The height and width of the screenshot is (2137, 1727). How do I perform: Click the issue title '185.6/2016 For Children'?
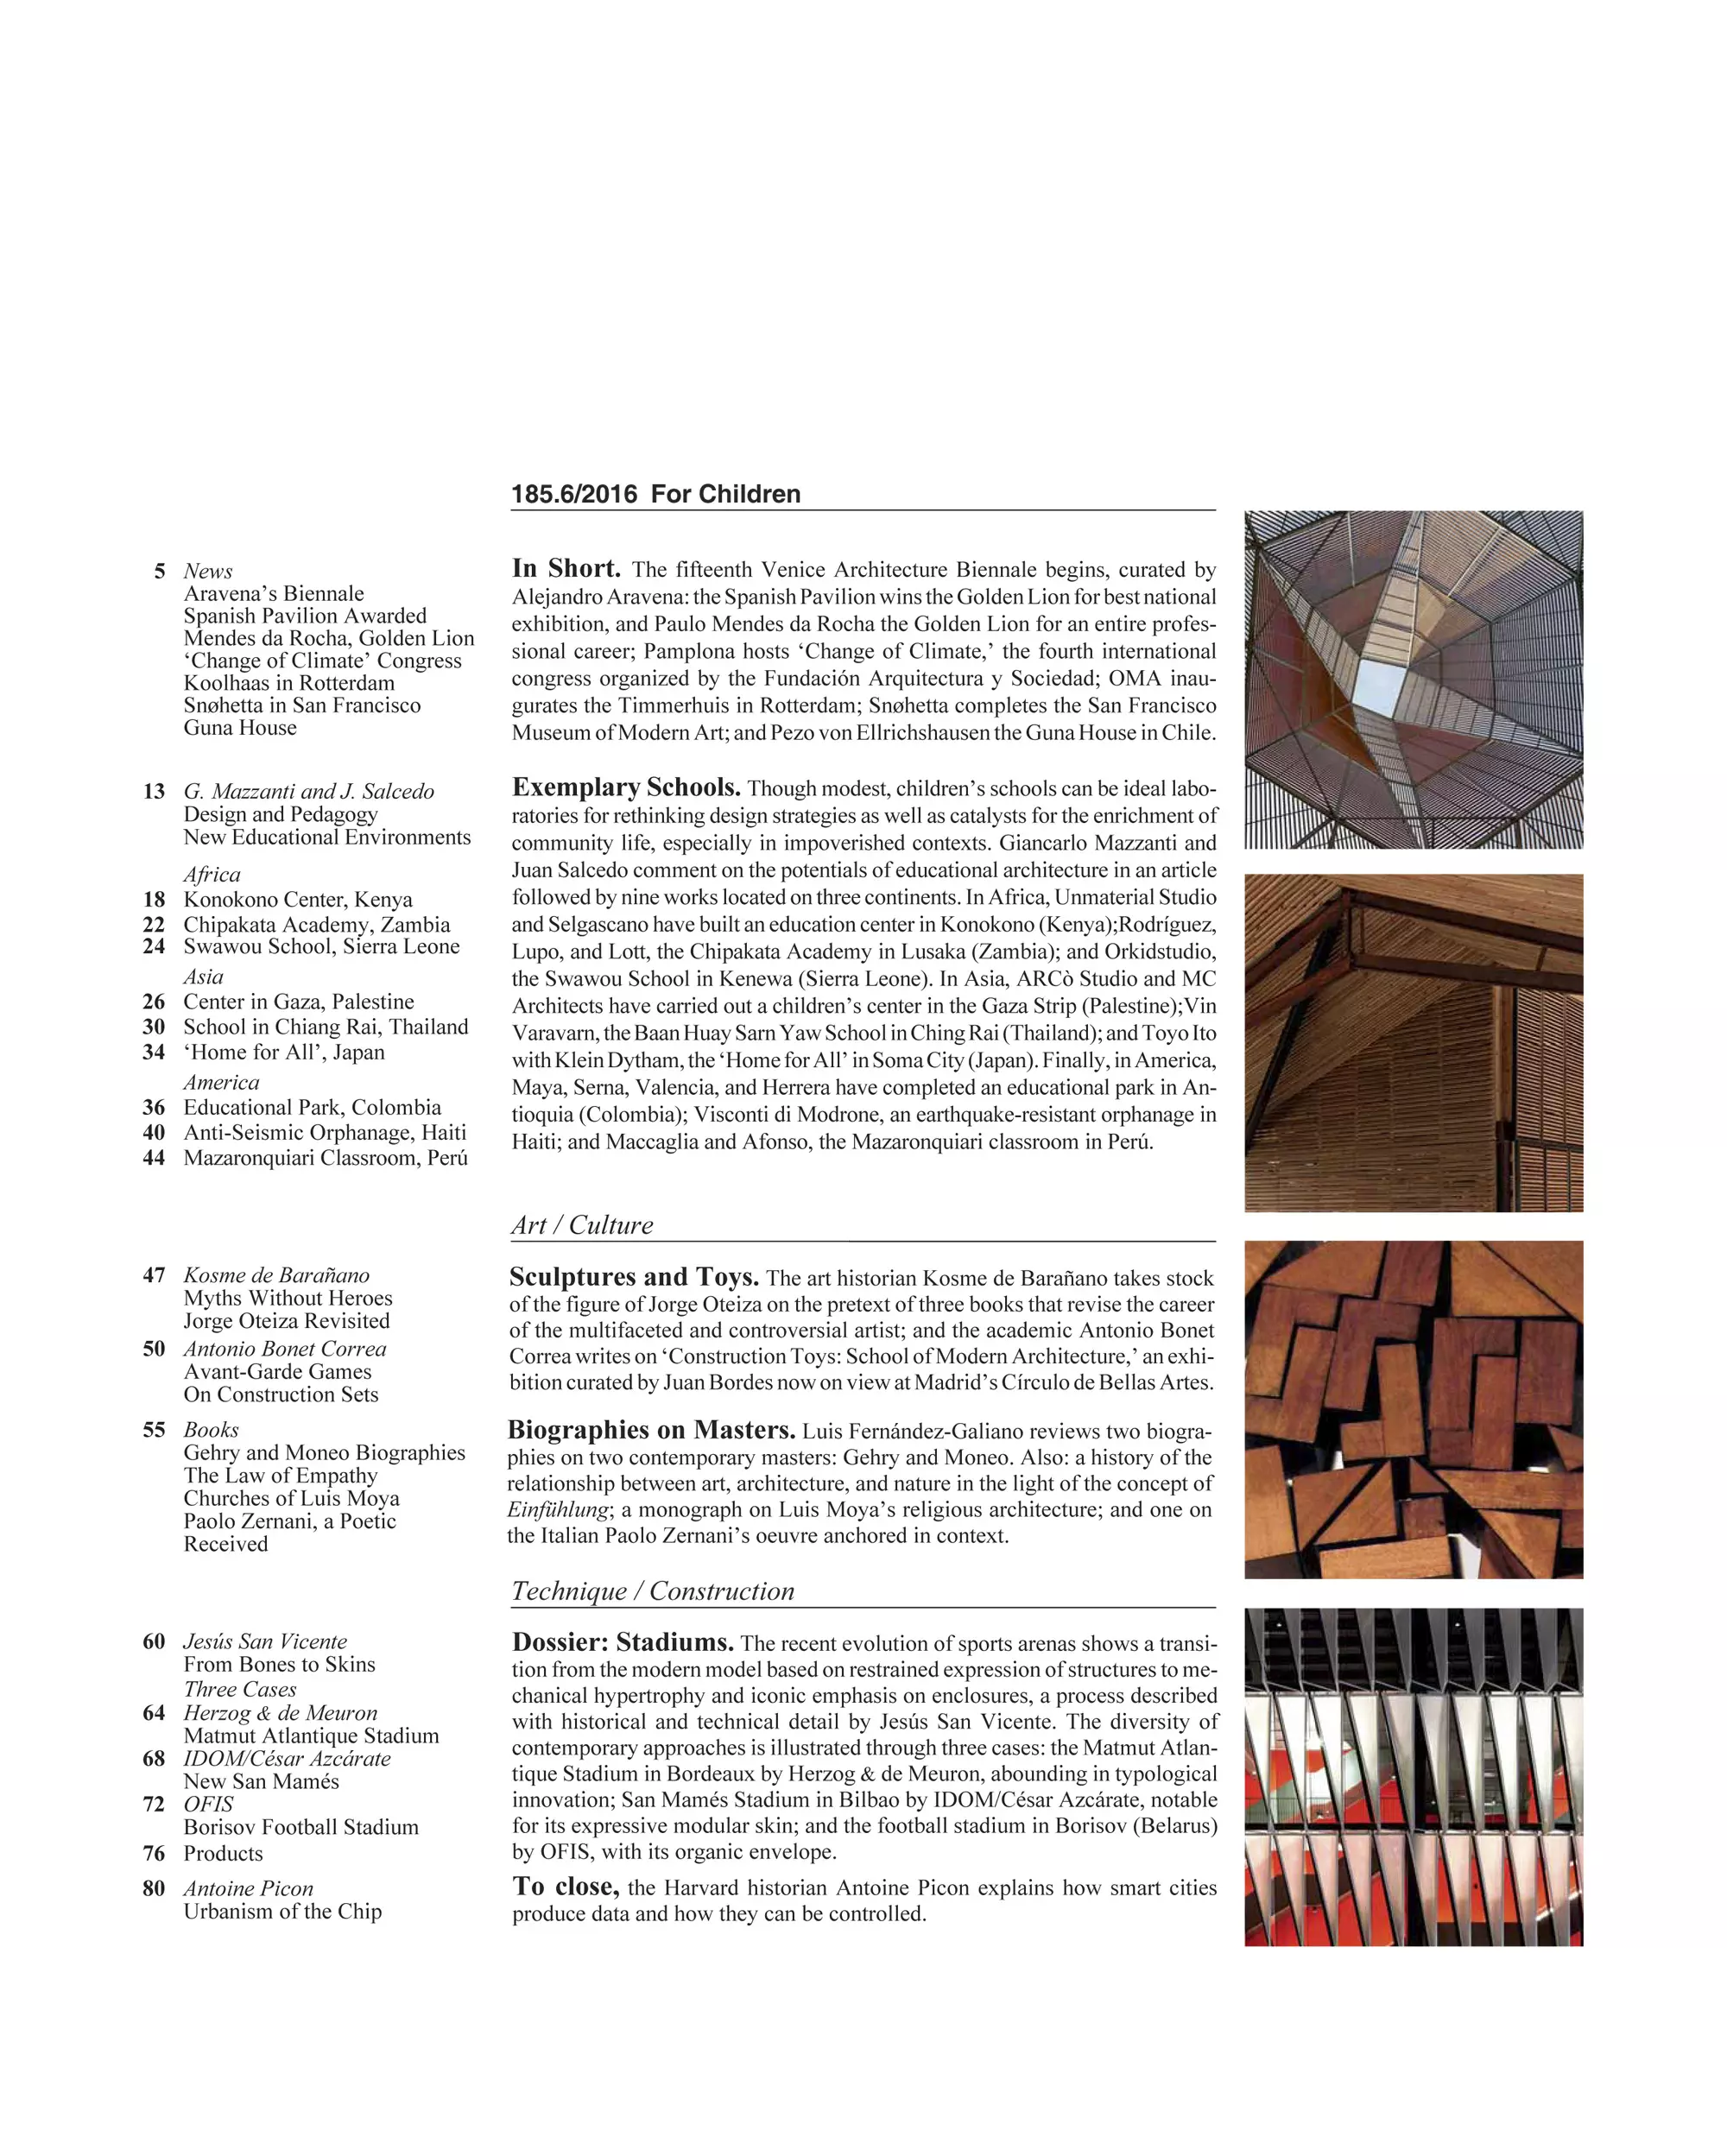(x=655, y=495)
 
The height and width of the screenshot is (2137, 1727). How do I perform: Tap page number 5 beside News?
(x=159, y=571)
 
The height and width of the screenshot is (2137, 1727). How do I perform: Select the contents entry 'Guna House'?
(x=240, y=727)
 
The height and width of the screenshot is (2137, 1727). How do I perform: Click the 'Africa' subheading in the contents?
(x=212, y=875)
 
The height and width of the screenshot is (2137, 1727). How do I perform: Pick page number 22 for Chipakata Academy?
(x=155, y=924)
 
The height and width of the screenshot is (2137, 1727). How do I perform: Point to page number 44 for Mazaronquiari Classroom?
(x=155, y=1157)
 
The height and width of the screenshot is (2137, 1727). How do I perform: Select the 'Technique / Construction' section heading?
(x=653, y=1590)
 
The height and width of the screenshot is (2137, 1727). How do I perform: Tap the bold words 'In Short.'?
(x=566, y=568)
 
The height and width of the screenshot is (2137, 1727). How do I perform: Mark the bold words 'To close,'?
(x=566, y=1887)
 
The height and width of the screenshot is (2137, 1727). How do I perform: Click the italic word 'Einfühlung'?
(x=557, y=1509)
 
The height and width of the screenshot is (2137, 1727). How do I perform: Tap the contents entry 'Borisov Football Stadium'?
(x=300, y=1827)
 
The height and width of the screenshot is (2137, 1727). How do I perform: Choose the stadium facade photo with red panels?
(x=1413, y=1777)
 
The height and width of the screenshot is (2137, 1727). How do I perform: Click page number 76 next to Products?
(x=155, y=1854)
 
